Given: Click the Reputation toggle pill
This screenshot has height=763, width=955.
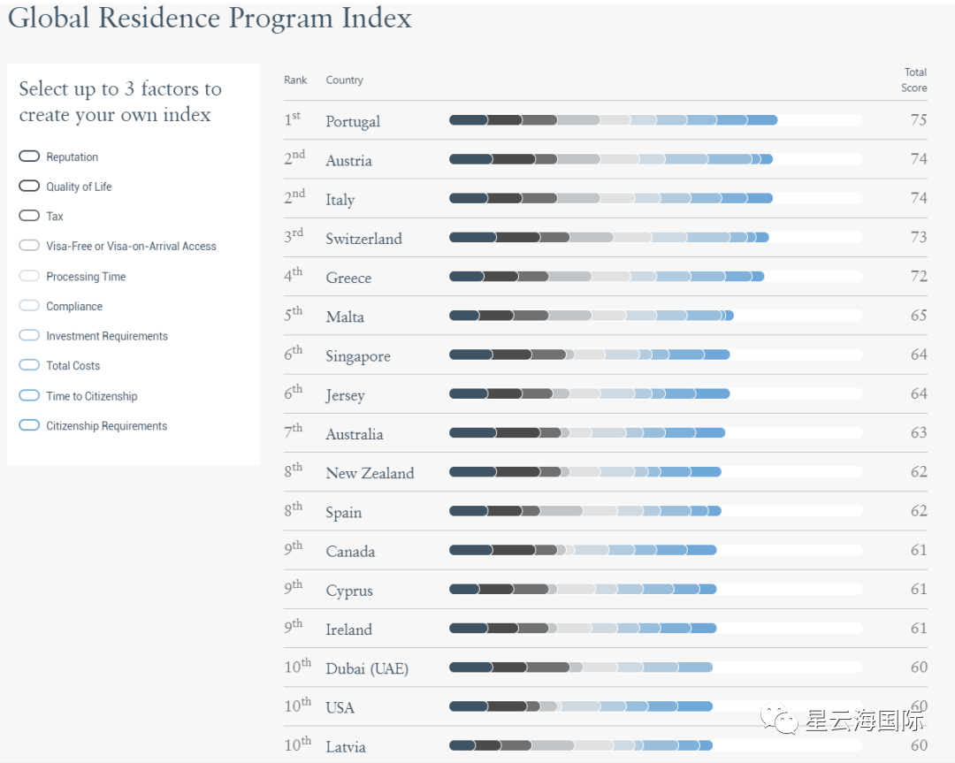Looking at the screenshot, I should [x=29, y=156].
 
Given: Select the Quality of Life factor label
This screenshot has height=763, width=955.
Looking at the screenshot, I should [x=79, y=187].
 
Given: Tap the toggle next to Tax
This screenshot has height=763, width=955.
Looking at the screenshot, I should [x=29, y=216].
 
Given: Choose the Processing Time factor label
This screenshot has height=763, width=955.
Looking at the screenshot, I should [x=86, y=277].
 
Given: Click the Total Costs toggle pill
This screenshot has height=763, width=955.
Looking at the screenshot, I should [x=29, y=365].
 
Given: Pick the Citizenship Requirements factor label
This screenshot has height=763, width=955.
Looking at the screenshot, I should [x=106, y=426].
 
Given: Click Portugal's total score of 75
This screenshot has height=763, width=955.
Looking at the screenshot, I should [x=919, y=120].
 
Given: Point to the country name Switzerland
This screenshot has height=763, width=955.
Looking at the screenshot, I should [x=363, y=239].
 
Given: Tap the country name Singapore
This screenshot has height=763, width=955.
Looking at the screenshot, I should [x=357, y=356].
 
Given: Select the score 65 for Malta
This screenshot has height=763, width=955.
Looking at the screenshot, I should [x=919, y=316].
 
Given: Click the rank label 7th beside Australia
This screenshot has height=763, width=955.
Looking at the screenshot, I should [x=293, y=433].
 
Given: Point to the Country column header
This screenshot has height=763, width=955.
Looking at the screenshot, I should [x=344, y=80].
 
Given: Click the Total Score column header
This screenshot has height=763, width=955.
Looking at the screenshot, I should [x=914, y=80].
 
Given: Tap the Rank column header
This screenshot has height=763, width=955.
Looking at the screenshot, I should [x=295, y=80].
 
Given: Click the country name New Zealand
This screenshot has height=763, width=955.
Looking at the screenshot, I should [x=370, y=473].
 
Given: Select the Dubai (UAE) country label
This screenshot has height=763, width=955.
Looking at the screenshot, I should [x=367, y=668].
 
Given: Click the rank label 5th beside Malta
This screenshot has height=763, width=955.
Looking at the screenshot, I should [x=293, y=316].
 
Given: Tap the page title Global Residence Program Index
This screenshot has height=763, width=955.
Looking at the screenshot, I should [x=210, y=19].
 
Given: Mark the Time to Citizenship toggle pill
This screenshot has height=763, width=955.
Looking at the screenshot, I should [x=29, y=395].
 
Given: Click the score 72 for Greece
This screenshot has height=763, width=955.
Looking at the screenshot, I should [x=919, y=277].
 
